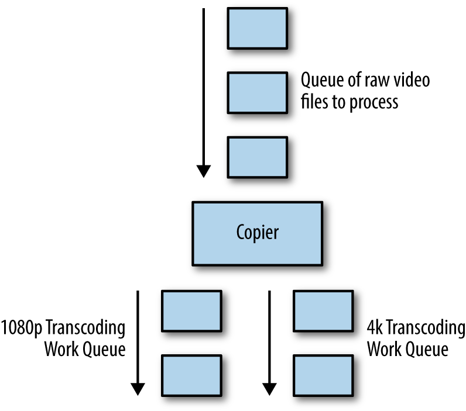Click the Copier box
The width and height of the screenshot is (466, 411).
pyautogui.click(x=258, y=233)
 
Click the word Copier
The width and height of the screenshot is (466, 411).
pyautogui.click(x=258, y=233)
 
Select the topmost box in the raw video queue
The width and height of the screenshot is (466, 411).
pyautogui.click(x=258, y=28)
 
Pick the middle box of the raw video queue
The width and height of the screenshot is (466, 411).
pyautogui.click(x=258, y=92)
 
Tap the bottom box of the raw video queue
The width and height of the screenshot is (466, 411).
pyautogui.click(x=258, y=157)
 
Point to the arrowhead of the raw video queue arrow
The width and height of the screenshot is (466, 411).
pyautogui.click(x=204, y=171)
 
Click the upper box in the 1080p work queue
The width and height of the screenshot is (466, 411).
pyautogui.click(x=191, y=311)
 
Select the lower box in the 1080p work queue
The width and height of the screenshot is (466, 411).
pyautogui.click(x=191, y=375)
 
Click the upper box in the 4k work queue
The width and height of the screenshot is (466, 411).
pyautogui.click(x=323, y=311)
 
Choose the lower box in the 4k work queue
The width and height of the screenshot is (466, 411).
pyautogui.click(x=323, y=375)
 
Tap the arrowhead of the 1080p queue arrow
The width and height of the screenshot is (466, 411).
pyautogui.click(x=138, y=389)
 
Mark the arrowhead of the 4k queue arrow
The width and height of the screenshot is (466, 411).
pyautogui.click(x=269, y=389)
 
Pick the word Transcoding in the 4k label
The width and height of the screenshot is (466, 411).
pyautogui.click(x=426, y=328)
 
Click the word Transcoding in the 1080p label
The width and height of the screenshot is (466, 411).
pyautogui.click(x=85, y=328)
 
